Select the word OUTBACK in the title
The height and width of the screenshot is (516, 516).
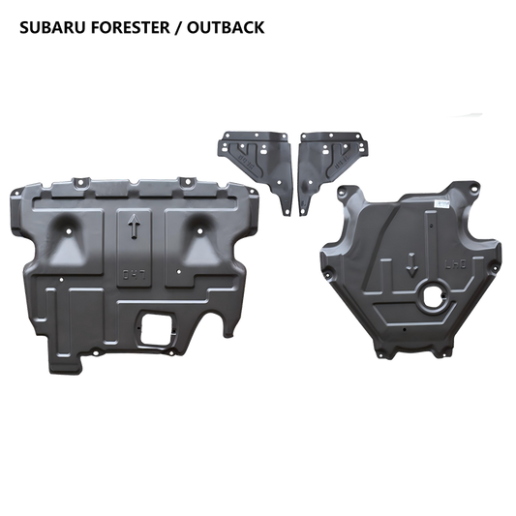point(226,27)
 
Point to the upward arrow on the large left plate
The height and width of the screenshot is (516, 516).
point(135,227)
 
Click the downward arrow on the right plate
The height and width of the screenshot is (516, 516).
point(411,265)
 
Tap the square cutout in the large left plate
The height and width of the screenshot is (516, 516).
point(155,328)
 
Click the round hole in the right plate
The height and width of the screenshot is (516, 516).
point(435,295)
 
